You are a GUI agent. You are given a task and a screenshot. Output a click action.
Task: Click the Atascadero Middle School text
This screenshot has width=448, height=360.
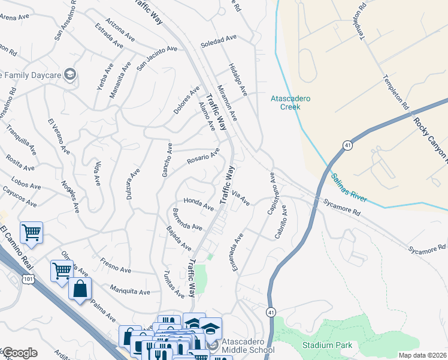coord(248,346)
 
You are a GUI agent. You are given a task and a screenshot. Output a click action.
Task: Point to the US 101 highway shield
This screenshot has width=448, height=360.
coord(28,280)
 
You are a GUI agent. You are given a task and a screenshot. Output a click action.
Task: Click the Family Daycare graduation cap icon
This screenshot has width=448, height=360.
coord(70,75)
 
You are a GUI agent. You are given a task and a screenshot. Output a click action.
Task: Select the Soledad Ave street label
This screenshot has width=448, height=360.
coord(219,41)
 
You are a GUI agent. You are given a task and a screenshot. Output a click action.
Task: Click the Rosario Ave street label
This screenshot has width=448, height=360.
coord(203,157)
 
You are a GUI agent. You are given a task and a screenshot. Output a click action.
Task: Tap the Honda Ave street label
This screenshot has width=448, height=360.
coord(198,204)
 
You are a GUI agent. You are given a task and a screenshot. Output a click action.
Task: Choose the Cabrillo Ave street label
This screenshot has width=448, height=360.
coord(281,223)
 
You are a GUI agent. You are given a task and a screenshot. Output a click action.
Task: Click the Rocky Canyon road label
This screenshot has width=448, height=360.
coord(431,137)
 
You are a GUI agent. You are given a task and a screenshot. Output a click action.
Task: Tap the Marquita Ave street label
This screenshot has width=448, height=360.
coord(129,290)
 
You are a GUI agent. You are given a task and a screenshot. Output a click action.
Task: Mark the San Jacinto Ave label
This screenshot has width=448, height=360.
coord(157,58)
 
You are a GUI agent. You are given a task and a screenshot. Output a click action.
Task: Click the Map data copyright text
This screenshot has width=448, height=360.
coord(422,355)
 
